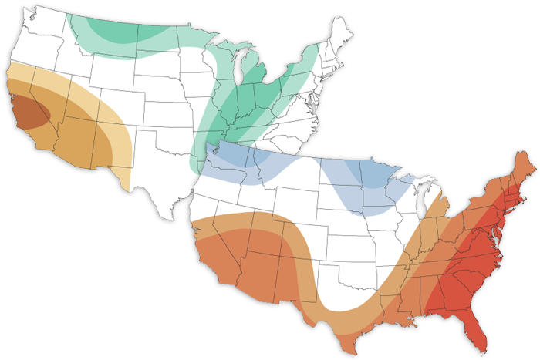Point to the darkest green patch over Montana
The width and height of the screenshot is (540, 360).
(x=108, y=27)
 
